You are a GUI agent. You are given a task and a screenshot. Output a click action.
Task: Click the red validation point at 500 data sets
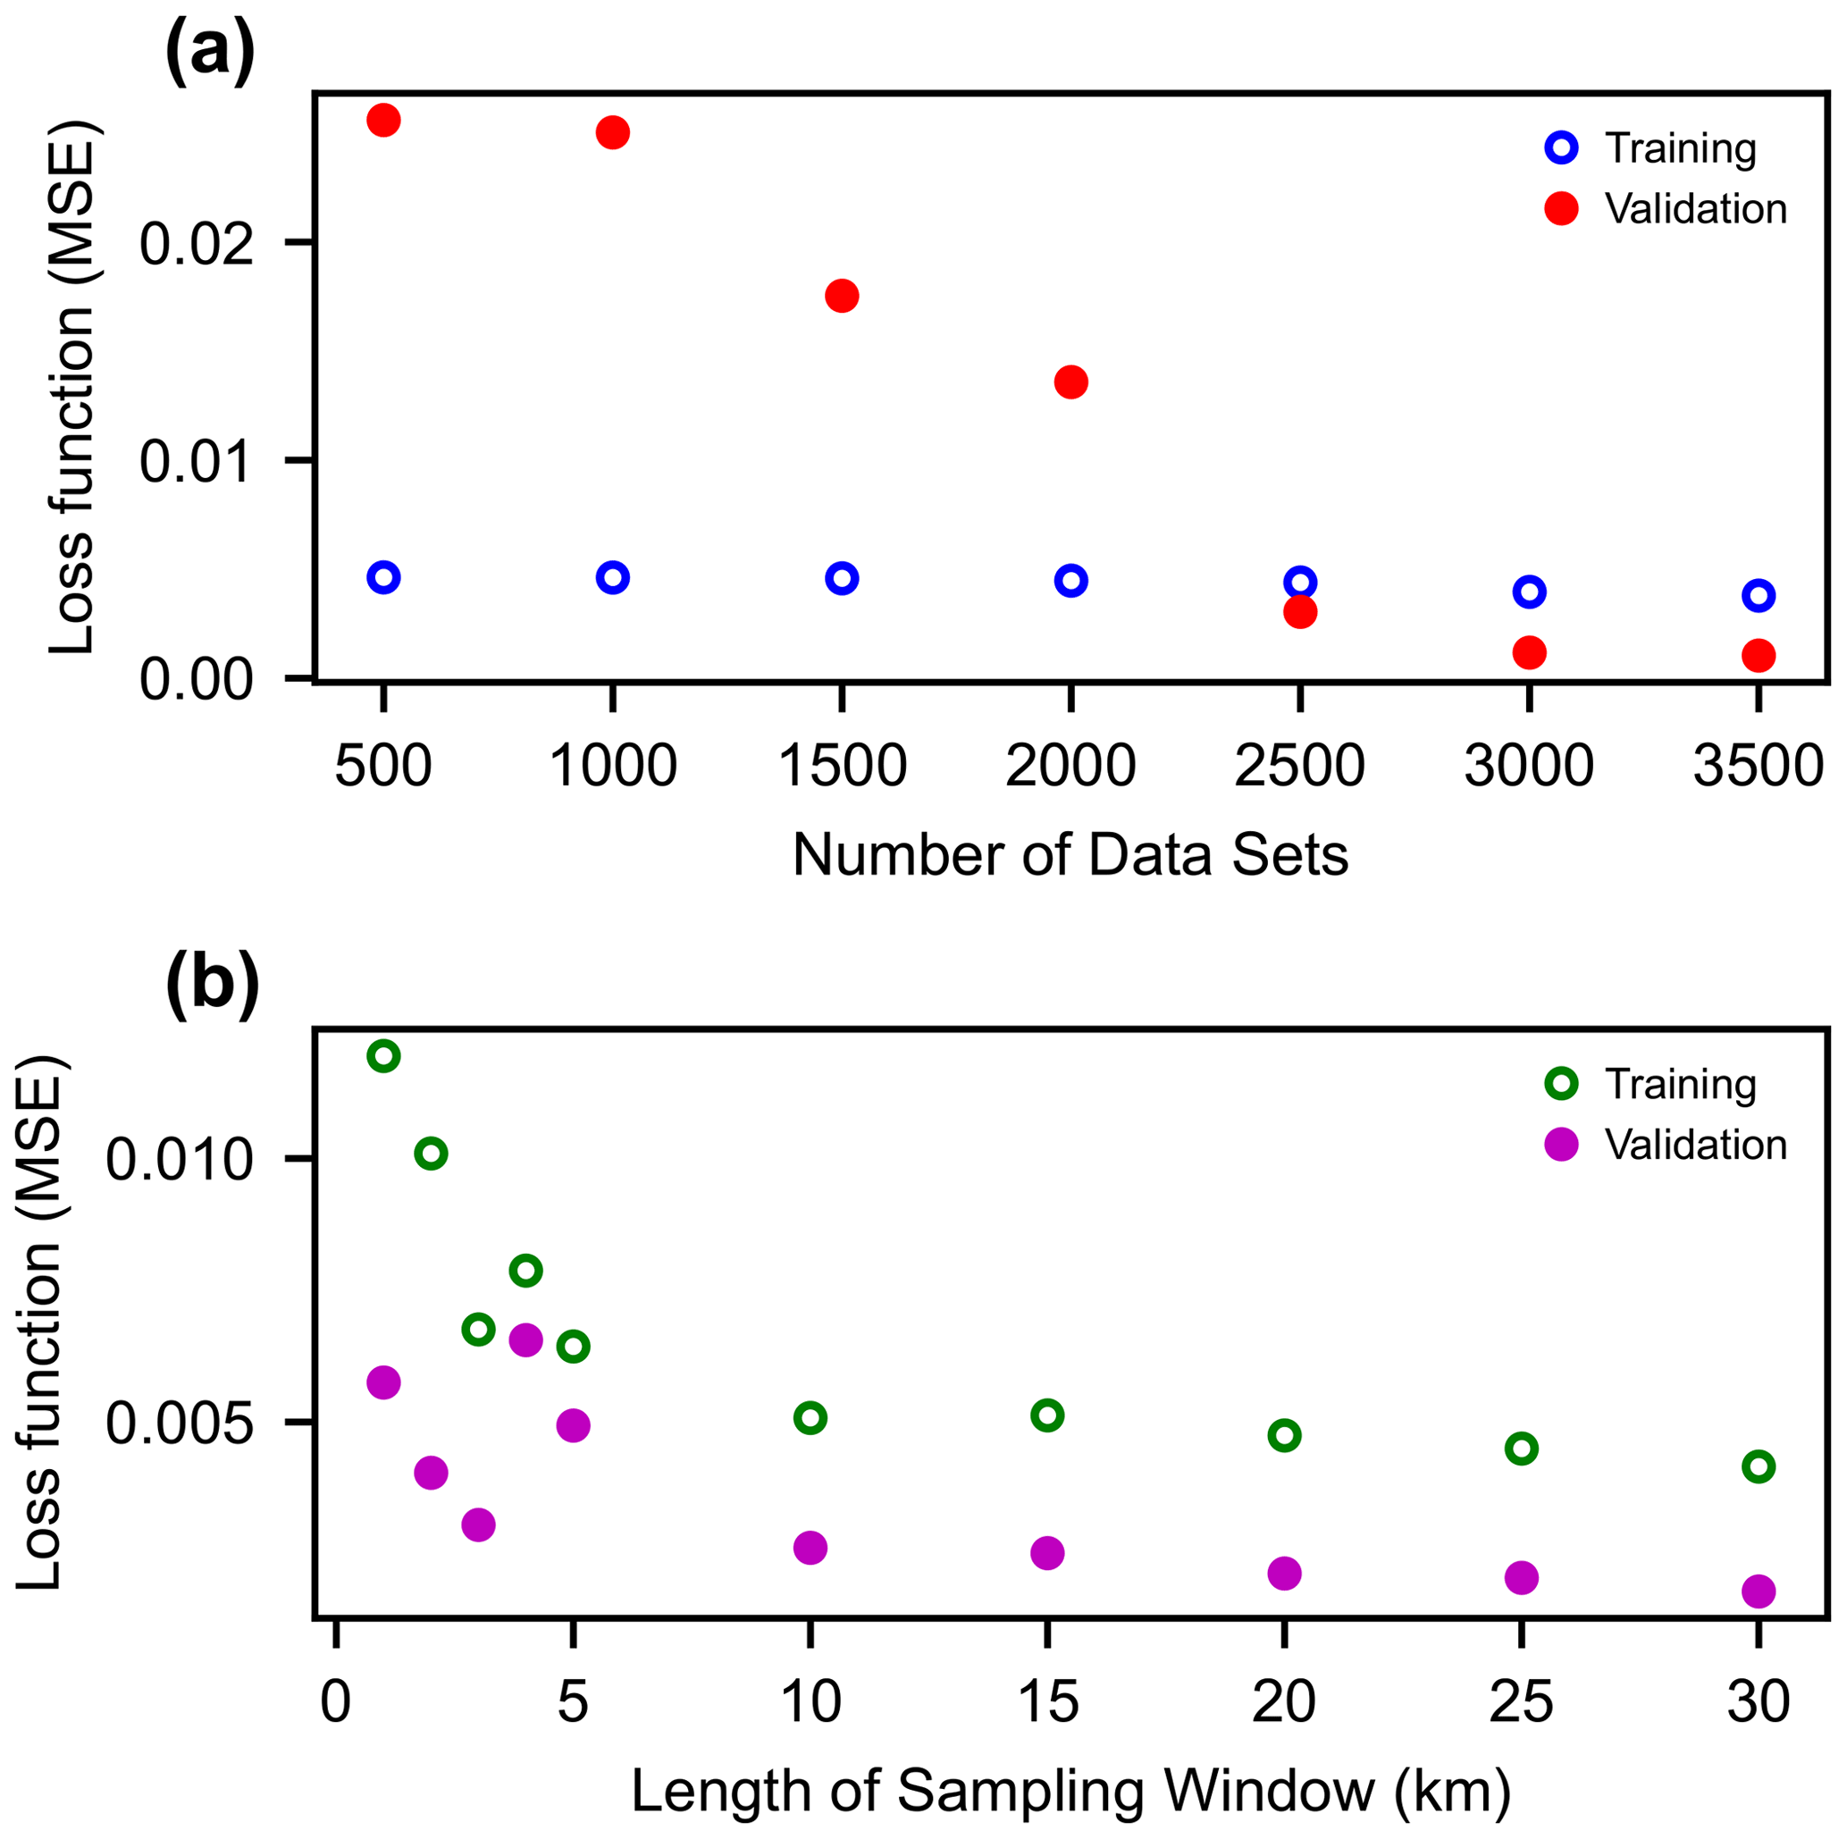coord(383,121)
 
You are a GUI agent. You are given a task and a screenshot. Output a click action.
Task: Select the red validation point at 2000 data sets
coord(1070,382)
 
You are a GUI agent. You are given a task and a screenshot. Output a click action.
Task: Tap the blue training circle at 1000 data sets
coord(613,577)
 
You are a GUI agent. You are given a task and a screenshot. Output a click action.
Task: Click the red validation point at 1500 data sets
coord(841,297)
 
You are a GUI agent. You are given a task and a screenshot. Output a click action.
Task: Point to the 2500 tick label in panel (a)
coord(1299,767)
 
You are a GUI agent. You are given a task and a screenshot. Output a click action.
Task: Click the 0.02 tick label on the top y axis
coord(197,244)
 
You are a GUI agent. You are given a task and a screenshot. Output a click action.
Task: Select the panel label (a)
coord(210,53)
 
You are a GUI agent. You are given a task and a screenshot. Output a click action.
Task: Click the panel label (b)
coord(213,986)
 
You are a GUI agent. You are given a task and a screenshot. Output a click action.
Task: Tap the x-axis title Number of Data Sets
coord(1070,854)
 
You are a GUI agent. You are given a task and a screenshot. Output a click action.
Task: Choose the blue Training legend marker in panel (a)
coord(1561,148)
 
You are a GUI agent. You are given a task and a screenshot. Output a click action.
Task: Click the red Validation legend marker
coord(1561,208)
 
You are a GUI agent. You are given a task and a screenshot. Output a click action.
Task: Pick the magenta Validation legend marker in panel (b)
coord(1561,1144)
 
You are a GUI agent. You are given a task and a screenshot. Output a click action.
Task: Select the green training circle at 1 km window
coord(383,1056)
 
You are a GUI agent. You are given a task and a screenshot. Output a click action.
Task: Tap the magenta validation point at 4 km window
coord(525,1340)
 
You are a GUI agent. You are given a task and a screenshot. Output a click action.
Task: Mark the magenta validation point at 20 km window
coord(1284,1573)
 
